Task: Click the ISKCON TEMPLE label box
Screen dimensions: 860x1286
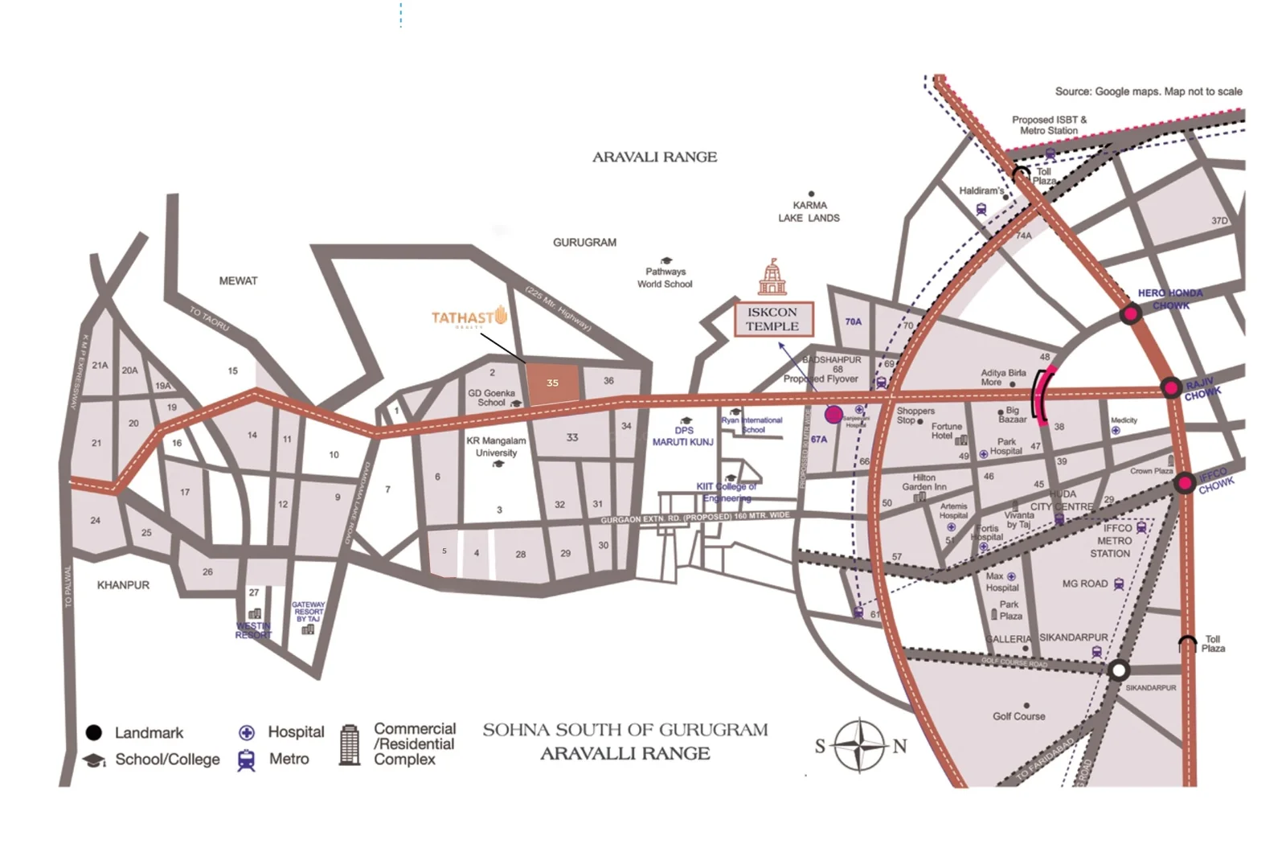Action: click(772, 319)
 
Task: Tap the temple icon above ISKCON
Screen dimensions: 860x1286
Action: click(772, 277)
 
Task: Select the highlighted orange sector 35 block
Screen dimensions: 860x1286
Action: click(552, 383)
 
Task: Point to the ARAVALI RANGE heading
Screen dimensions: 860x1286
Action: click(654, 157)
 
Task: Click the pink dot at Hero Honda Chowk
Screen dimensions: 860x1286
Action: click(1131, 313)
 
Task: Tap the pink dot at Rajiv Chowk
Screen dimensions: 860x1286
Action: click(1171, 389)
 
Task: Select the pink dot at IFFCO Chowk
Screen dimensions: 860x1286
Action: click(1184, 484)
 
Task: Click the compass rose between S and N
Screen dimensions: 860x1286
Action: click(859, 745)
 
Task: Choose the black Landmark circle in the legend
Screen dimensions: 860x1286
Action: click(94, 732)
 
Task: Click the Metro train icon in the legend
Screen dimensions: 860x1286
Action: click(247, 760)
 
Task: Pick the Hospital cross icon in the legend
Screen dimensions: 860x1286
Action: click(247, 732)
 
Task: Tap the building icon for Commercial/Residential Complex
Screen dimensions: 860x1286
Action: click(349, 744)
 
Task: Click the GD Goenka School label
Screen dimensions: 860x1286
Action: click(491, 398)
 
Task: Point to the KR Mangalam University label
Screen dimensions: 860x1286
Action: click(496, 447)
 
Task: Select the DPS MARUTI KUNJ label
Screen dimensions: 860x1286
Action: click(682, 436)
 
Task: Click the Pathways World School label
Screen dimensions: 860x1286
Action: click(665, 277)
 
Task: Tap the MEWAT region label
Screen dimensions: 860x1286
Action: click(238, 281)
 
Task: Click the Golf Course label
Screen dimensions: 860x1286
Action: click(1018, 716)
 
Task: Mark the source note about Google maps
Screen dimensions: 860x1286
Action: click(1148, 92)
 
